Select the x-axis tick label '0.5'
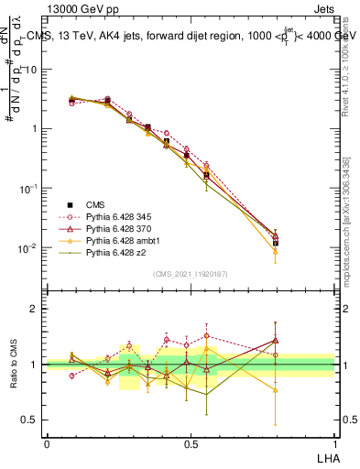[191, 442]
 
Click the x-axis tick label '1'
[335, 442]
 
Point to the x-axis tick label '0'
[47, 442]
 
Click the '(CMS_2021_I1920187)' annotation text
[191, 274]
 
